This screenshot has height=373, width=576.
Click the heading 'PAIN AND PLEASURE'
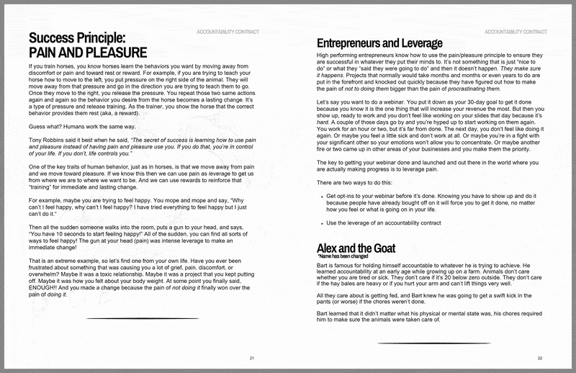click(x=86, y=53)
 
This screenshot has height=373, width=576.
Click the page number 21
click(x=251, y=358)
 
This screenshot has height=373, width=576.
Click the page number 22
click(x=539, y=358)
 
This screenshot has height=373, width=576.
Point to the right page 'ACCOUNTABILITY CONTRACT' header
click(x=514, y=32)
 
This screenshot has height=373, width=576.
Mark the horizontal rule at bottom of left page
click(x=143, y=318)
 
